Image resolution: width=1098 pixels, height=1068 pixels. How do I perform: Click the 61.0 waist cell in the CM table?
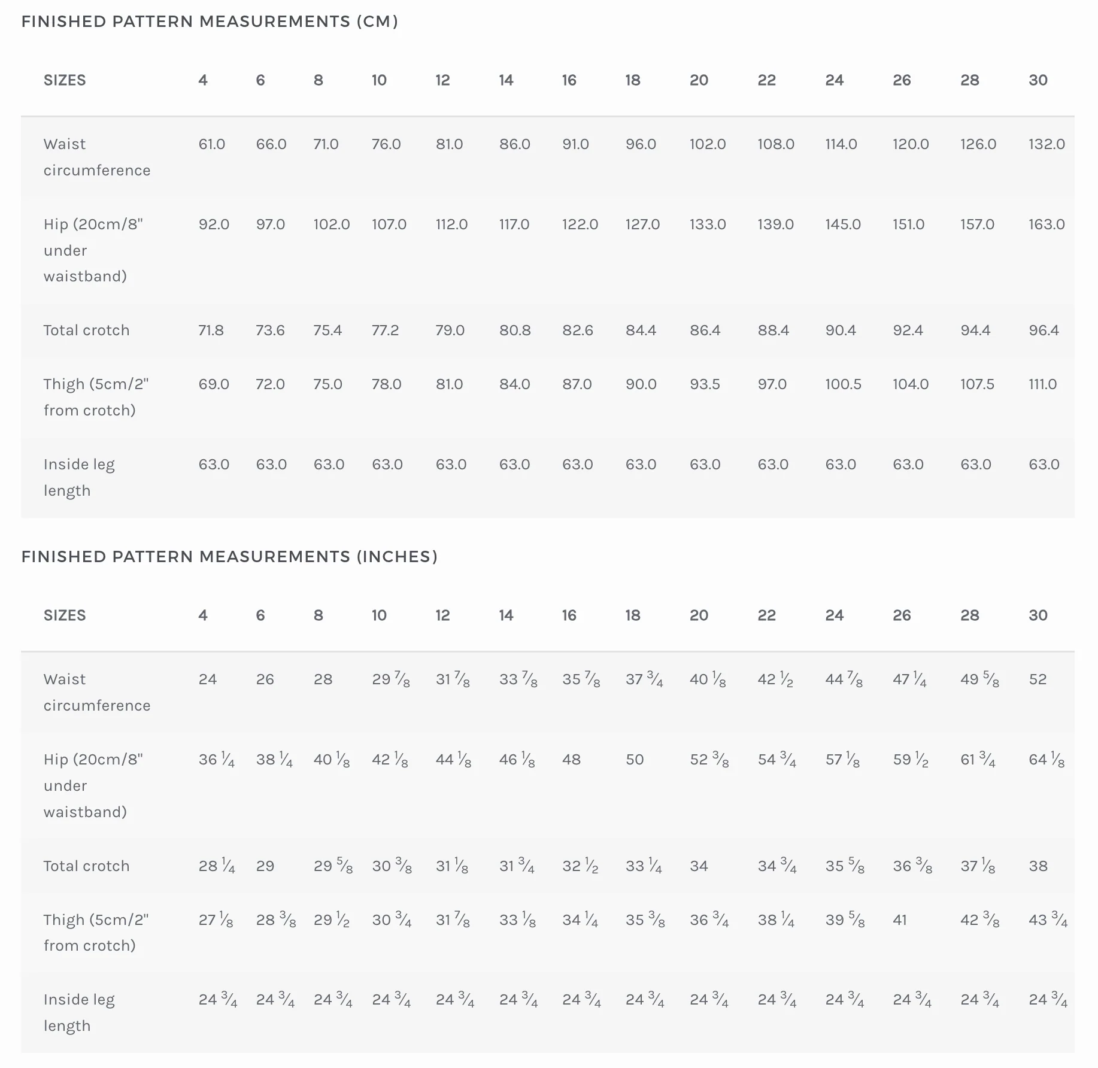[x=212, y=144]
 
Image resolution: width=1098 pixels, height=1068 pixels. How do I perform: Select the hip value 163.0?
[x=1047, y=224]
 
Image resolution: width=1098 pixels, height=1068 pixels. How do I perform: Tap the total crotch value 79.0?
[x=450, y=330]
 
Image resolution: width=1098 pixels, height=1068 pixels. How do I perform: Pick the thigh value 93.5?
[x=705, y=384]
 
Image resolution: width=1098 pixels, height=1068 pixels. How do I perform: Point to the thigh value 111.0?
[x=1042, y=384]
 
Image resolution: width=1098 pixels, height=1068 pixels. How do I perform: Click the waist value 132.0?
[x=1047, y=144]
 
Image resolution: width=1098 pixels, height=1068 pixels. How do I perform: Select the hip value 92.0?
[x=214, y=224]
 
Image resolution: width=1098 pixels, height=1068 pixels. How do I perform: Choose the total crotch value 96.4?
[x=1044, y=330]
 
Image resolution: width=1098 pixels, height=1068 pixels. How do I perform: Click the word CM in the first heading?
[x=377, y=22]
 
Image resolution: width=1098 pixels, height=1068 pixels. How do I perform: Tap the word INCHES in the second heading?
[x=397, y=557]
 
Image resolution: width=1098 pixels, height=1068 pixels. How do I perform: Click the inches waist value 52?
[x=1038, y=679]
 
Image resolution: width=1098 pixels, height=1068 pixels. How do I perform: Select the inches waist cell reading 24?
[x=207, y=679]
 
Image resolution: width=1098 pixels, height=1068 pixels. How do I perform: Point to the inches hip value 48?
[x=571, y=760]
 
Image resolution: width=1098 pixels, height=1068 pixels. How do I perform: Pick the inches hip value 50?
[x=635, y=760]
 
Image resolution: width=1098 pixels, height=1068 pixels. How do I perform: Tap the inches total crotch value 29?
[x=265, y=866]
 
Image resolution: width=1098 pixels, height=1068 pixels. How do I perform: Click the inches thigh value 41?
[x=899, y=920]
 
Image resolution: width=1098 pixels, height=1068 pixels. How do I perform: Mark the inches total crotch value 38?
[x=1038, y=866]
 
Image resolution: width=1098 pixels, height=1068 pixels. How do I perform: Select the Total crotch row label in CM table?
[x=86, y=330]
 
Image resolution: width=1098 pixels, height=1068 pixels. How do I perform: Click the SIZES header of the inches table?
[x=65, y=615]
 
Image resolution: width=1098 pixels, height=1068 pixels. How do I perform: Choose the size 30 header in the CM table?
[x=1038, y=80]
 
